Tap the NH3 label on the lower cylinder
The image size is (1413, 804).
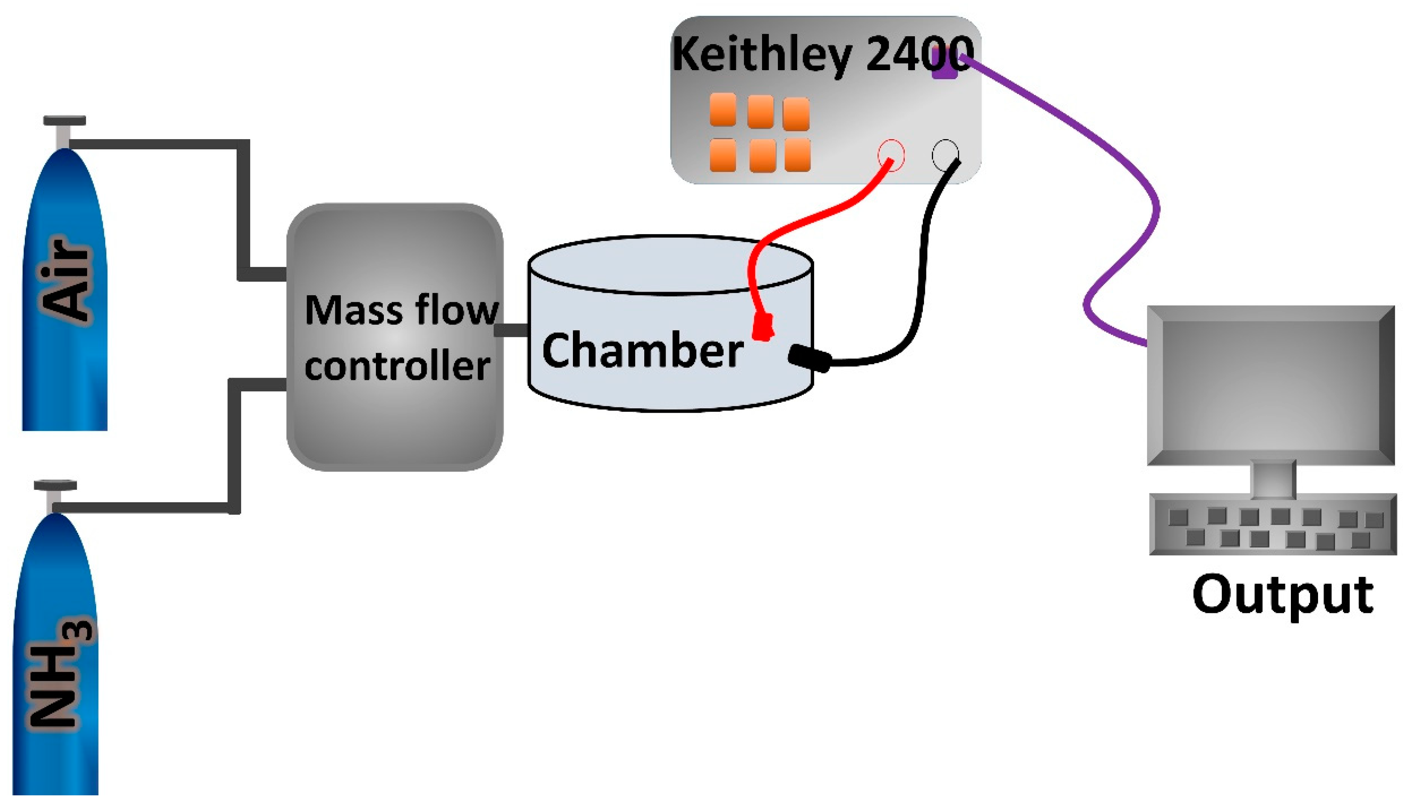pos(59,674)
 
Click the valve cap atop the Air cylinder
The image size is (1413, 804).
pos(65,120)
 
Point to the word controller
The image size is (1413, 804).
pos(397,366)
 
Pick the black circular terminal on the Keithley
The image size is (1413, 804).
pos(945,154)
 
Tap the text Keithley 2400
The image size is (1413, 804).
pos(822,54)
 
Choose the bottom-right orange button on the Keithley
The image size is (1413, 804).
pos(797,155)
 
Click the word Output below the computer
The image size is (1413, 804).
pos(1282,595)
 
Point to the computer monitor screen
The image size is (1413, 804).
pos(1271,385)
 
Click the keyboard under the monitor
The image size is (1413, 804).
pos(1273,525)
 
